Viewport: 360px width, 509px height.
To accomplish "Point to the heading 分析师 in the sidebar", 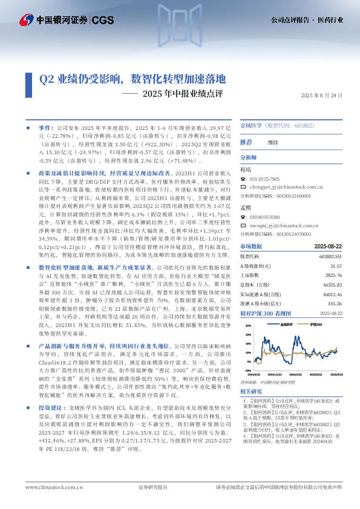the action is (x=249, y=157).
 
